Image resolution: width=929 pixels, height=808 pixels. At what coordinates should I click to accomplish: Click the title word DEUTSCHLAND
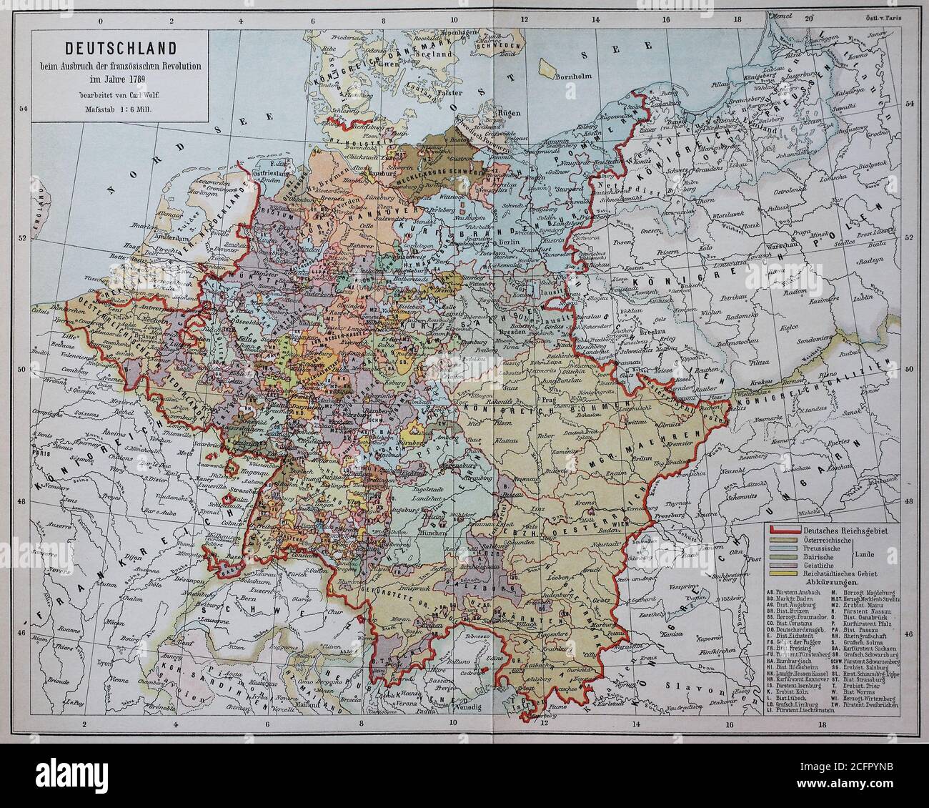(x=118, y=49)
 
